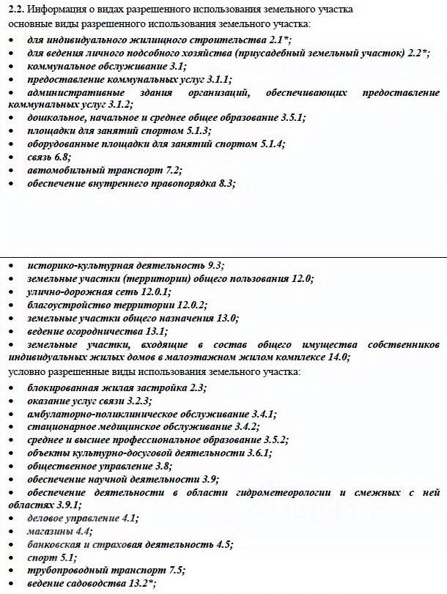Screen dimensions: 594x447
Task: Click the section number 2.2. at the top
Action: tap(15, 10)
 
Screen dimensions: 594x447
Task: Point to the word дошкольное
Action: tap(54, 118)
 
